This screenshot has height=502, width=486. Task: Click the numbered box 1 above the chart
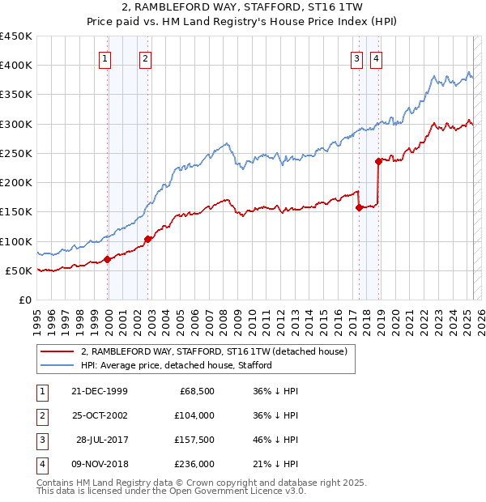[x=106, y=57]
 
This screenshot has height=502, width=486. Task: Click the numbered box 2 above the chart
[x=144, y=57]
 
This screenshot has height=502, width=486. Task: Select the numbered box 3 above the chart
[x=356, y=57]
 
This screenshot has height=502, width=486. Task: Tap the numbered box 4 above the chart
[x=377, y=57]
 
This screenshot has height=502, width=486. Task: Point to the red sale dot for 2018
[x=378, y=161]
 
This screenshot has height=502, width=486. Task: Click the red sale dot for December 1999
[x=108, y=260]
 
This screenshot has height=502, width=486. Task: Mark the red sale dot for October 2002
[x=148, y=239]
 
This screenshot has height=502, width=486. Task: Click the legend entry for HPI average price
[x=177, y=365]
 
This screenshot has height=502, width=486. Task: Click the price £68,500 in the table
[x=197, y=391]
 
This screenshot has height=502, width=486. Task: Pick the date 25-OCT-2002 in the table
[x=100, y=415]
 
